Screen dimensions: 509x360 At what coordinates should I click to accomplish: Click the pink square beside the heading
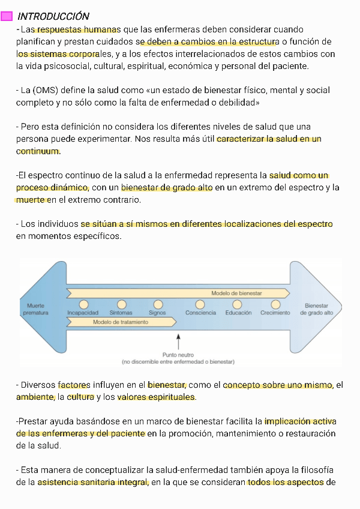pyautogui.click(x=7, y=16)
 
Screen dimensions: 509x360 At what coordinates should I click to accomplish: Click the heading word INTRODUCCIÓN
pyautogui.click(x=53, y=16)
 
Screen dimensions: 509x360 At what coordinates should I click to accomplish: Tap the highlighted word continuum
pyautogui.click(x=38, y=151)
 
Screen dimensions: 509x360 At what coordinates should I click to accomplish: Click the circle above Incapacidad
pyautogui.click(x=83, y=304)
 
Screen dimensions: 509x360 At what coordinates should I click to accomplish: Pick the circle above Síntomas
pyautogui.click(x=122, y=304)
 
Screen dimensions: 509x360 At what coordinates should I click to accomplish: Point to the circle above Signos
pyautogui.click(x=158, y=304)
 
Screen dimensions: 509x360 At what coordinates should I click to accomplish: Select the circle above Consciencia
pyautogui.click(x=200, y=304)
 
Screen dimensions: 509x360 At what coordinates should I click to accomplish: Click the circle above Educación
pyautogui.click(x=239, y=304)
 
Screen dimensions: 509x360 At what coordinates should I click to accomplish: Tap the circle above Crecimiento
pyautogui.click(x=275, y=304)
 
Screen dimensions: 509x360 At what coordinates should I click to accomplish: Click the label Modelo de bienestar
pyautogui.click(x=236, y=293)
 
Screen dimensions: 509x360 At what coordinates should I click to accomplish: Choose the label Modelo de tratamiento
pyautogui.click(x=120, y=322)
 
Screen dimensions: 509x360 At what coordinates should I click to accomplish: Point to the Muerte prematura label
pyautogui.click(x=35, y=309)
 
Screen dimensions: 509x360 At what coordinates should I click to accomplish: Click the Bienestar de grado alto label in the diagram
pyautogui.click(x=316, y=309)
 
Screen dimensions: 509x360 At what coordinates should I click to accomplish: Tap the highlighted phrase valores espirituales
pyautogui.click(x=156, y=397)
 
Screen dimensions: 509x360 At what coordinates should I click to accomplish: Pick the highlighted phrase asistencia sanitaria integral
pyautogui.click(x=93, y=482)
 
